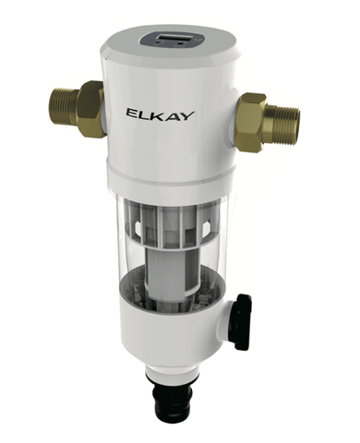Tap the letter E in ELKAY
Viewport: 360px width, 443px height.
pyautogui.click(x=132, y=114)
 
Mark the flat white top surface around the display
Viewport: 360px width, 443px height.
pyautogui.click(x=138, y=42)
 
